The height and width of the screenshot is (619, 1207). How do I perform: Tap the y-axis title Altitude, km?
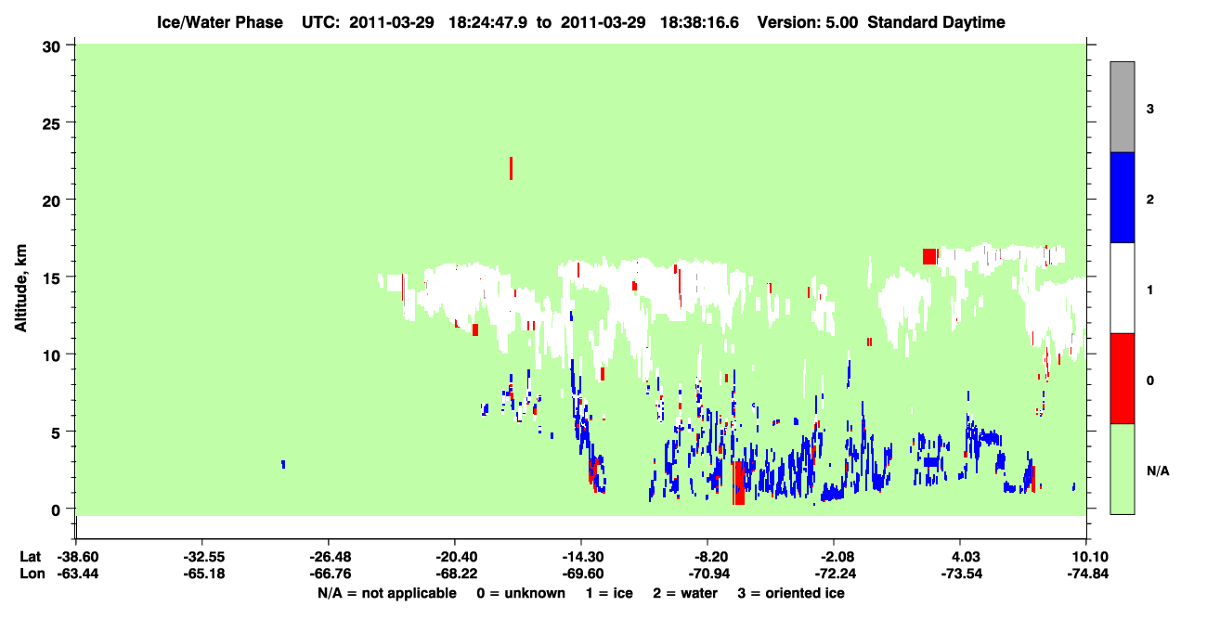pos(20,288)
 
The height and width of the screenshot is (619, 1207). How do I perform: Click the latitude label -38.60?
pos(78,557)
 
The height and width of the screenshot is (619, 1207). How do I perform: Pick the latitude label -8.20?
pos(708,557)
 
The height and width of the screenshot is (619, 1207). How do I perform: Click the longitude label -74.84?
pos(1087,574)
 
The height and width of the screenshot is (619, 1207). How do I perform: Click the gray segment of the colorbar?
pos(1122,107)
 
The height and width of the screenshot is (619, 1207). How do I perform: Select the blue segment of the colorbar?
pos(1122,197)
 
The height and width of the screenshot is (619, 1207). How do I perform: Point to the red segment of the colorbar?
pos(1122,379)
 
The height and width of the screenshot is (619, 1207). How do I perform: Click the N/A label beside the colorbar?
pos(1158,471)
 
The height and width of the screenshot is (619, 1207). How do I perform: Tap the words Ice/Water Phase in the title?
pos(220,22)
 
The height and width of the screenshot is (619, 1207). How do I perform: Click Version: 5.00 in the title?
pos(807,22)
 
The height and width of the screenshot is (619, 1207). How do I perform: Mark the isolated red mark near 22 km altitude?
pos(511,168)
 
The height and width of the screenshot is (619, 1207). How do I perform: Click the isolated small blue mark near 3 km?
pos(283,464)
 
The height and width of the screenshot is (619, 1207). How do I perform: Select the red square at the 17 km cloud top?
pos(929,256)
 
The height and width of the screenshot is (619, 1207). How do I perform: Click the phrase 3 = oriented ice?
pos(791,593)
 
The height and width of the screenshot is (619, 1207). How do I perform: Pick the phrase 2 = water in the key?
pos(685,593)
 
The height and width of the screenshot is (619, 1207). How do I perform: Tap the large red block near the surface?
pos(738,483)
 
